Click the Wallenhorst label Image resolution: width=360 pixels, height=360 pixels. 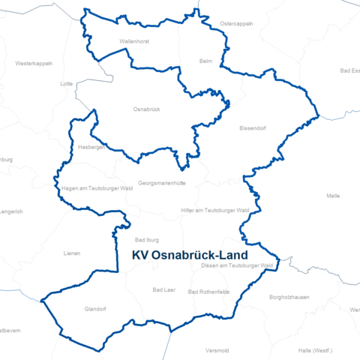pyautogui.click(x=136, y=41)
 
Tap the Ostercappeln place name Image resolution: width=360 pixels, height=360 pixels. pyautogui.click(x=236, y=23)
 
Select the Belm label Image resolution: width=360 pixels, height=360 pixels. pyautogui.click(x=206, y=61)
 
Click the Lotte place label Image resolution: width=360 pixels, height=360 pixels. pyautogui.click(x=66, y=84)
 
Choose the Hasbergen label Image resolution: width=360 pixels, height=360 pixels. pyautogui.click(x=91, y=148)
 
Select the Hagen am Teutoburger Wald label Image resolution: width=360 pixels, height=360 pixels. pyautogui.click(x=97, y=188)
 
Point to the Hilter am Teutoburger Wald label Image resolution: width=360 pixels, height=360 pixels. pyautogui.click(x=215, y=211)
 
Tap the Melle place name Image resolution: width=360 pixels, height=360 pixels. pyautogui.click(x=333, y=196)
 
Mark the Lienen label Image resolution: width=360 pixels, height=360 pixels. pyautogui.click(x=72, y=253)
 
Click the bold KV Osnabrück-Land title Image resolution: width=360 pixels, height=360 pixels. pyautogui.click(x=190, y=255)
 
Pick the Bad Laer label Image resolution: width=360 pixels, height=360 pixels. pyautogui.click(x=164, y=289)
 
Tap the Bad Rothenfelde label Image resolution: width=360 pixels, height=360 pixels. pyautogui.click(x=209, y=292)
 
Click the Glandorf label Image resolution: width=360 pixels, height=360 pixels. pyautogui.click(x=97, y=308)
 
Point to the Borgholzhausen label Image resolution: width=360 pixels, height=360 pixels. pyautogui.click(x=289, y=298)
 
